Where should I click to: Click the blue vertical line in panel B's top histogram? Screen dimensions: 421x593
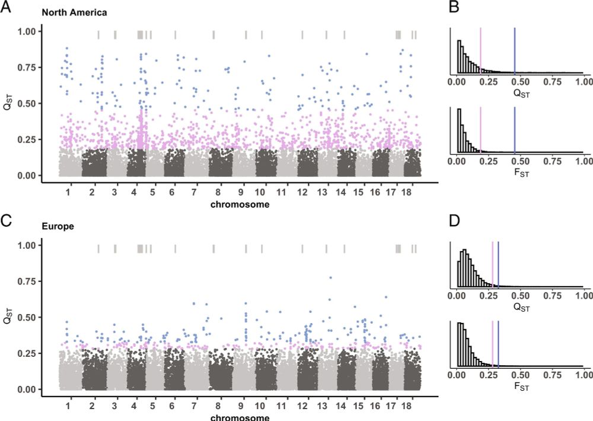click(x=515, y=50)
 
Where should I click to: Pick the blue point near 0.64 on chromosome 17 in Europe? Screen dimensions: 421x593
click(x=386, y=297)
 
